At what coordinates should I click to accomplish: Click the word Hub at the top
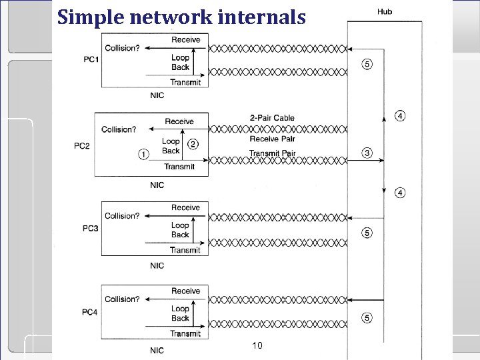(x=385, y=11)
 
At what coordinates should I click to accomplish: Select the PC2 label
(x=82, y=146)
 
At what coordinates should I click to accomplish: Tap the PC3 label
(x=91, y=229)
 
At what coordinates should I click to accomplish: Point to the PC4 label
(x=91, y=313)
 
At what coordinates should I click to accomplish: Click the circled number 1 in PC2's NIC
(x=143, y=154)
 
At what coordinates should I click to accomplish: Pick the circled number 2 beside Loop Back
(x=193, y=144)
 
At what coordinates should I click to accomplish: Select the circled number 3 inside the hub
(x=367, y=153)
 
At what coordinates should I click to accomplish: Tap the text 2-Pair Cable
(x=272, y=118)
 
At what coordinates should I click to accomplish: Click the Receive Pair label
(x=272, y=139)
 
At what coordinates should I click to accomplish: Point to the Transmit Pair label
(x=272, y=153)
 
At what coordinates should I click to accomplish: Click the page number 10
(x=258, y=345)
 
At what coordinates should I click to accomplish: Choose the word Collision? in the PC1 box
(x=123, y=48)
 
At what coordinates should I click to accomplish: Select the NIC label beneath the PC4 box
(x=157, y=350)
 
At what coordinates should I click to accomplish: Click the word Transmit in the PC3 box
(x=185, y=251)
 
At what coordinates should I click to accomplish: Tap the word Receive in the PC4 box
(x=185, y=291)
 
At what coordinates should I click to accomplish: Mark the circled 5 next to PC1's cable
(x=367, y=64)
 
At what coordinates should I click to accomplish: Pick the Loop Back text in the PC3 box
(x=180, y=230)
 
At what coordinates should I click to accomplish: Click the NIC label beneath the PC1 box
(x=157, y=96)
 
